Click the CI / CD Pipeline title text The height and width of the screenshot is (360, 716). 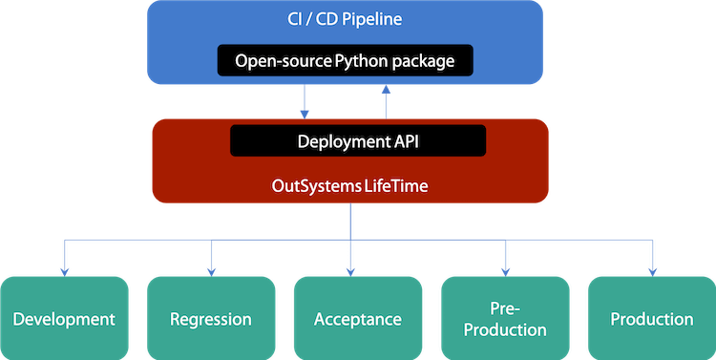[357, 18]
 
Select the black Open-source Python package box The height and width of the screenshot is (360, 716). [358, 61]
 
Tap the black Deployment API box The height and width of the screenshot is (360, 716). [358, 141]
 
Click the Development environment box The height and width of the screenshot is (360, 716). [64, 318]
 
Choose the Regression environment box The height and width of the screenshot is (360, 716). [211, 318]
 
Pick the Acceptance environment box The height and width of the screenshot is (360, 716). [358, 318]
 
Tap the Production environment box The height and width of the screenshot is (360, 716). [652, 318]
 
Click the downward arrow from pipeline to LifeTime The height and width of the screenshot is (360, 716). [304, 100]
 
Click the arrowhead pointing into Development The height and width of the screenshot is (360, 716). [64, 269]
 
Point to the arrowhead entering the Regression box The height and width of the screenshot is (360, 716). [211, 269]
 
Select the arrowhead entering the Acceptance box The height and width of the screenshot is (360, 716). [353, 269]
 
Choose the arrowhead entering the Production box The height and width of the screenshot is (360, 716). [652, 269]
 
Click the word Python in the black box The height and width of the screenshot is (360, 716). [362, 62]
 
